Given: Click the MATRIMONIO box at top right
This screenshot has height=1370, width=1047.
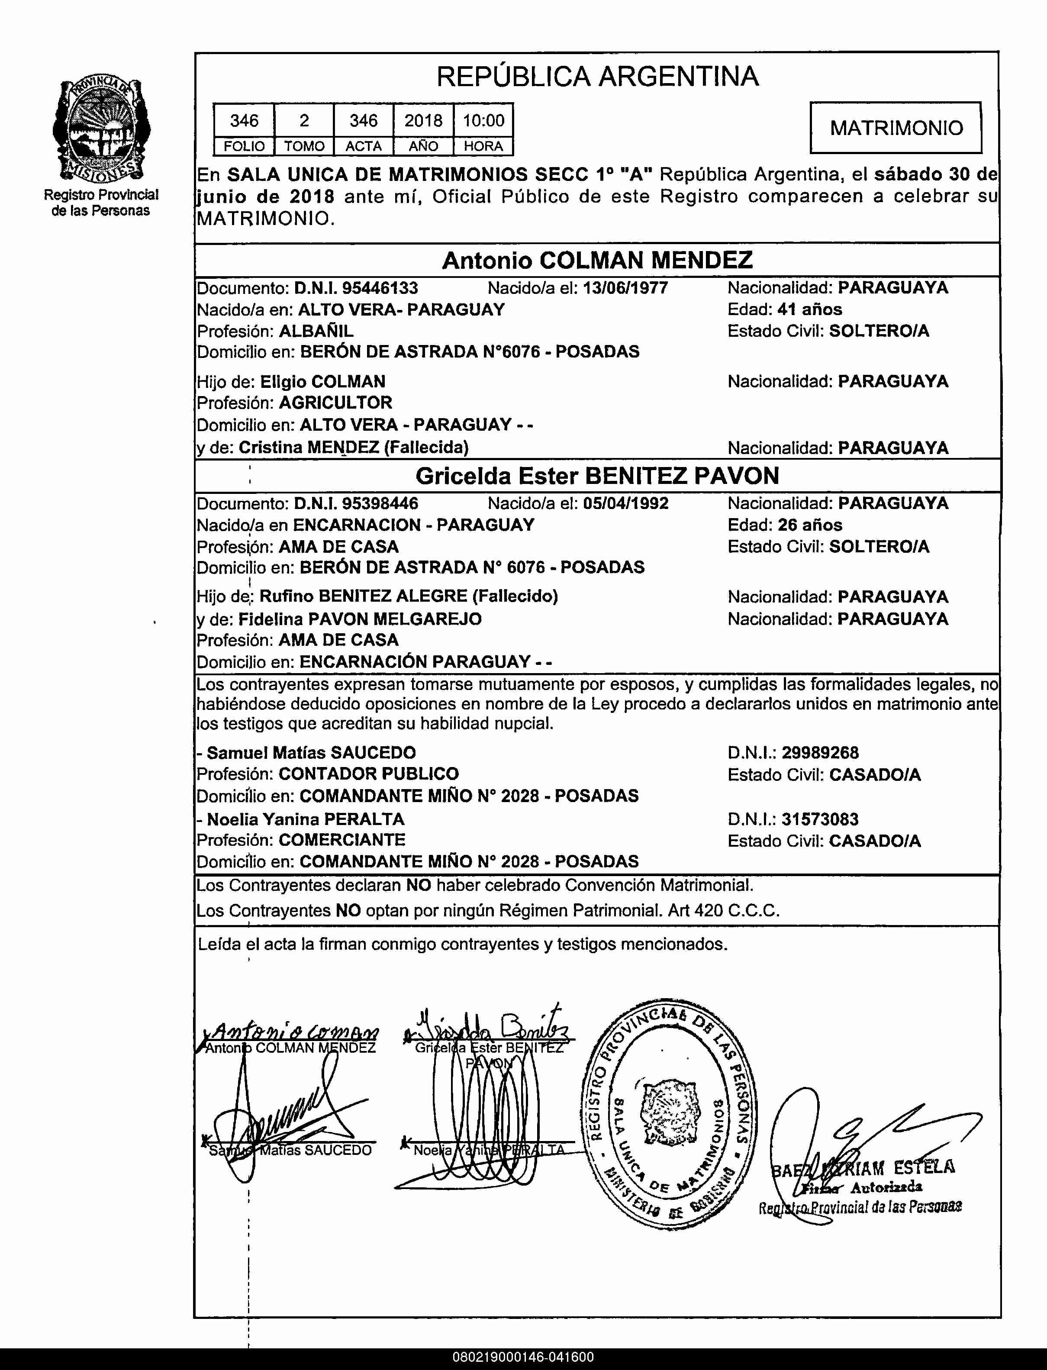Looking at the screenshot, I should [x=896, y=128].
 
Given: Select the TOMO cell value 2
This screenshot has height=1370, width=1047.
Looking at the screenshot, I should [x=304, y=120].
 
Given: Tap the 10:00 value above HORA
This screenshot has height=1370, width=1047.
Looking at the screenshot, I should [x=483, y=120].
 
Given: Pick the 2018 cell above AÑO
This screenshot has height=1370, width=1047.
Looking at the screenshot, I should [x=423, y=120].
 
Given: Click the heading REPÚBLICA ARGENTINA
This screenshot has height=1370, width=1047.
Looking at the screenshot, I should [x=597, y=77].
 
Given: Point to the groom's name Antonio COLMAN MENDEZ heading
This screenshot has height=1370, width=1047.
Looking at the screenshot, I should [x=597, y=260].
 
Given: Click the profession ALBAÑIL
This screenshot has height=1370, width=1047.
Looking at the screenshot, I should [x=316, y=331].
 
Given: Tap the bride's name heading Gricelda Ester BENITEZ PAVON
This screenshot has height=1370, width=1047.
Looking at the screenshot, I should [x=597, y=476].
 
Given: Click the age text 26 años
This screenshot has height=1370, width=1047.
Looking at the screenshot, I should [x=809, y=525].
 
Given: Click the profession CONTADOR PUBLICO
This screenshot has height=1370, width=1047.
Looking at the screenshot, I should [x=368, y=774].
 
